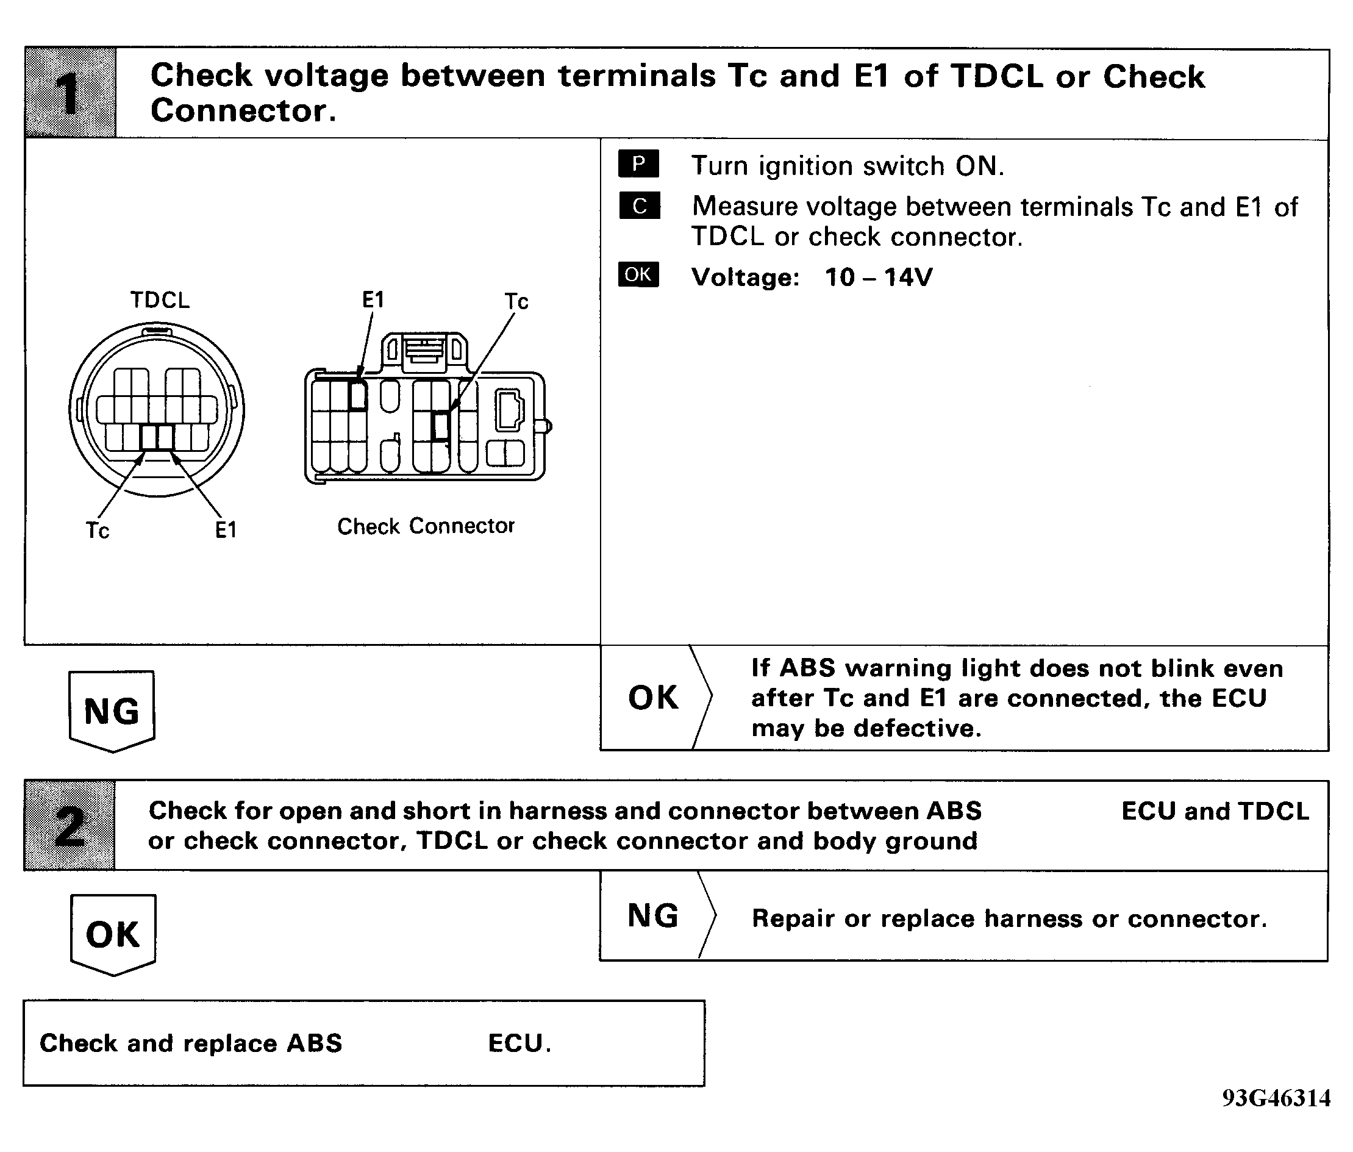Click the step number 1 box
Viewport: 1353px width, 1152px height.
pyautogui.click(x=71, y=92)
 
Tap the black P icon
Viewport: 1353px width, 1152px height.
pyautogui.click(x=638, y=164)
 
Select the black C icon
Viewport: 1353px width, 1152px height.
pyautogui.click(x=639, y=206)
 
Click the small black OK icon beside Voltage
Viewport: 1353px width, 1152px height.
pyautogui.click(x=638, y=275)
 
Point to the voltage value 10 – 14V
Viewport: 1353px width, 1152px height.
pyautogui.click(x=878, y=277)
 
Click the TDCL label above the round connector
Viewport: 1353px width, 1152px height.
pyautogui.click(x=160, y=301)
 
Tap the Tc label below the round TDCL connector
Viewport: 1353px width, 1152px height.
pyautogui.click(x=98, y=531)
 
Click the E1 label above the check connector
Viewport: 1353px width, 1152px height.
pyautogui.click(x=374, y=301)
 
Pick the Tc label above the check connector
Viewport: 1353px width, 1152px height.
pyautogui.click(x=516, y=302)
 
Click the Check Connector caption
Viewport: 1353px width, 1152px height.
pyautogui.click(x=426, y=526)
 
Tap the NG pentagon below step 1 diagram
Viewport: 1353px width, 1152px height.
pyautogui.click(x=112, y=711)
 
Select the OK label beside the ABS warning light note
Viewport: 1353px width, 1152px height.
pyautogui.click(x=653, y=698)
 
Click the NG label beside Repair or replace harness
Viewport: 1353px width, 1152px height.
pyautogui.click(x=653, y=915)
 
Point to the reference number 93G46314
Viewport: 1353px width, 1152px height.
pyautogui.click(x=1276, y=1098)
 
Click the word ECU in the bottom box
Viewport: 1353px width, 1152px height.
pyautogui.click(x=516, y=1043)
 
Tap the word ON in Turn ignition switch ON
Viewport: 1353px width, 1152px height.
pyautogui.click(x=977, y=166)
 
